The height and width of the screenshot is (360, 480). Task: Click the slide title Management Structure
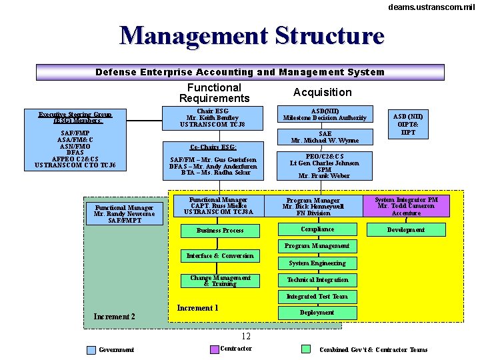[252, 36]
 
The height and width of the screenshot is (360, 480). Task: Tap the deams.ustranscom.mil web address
[431, 7]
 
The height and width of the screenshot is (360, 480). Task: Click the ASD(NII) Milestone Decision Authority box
[325, 114]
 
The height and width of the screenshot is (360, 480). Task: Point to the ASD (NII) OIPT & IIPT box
[408, 124]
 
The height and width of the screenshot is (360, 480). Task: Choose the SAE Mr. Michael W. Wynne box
[325, 137]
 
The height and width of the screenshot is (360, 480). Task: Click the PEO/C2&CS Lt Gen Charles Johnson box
[325, 166]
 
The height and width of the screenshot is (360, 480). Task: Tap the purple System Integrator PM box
[407, 205]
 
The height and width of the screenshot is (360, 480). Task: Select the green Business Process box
[220, 231]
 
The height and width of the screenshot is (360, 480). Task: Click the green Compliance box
[317, 229]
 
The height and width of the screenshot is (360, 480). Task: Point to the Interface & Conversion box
[220, 256]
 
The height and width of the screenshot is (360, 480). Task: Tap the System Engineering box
[317, 263]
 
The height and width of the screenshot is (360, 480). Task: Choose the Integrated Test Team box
[317, 297]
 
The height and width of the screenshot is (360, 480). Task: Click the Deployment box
[317, 313]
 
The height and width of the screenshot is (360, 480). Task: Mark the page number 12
[246, 336]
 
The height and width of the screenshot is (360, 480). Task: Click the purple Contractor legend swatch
[214, 349]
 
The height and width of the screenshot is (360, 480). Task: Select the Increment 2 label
[114, 317]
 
